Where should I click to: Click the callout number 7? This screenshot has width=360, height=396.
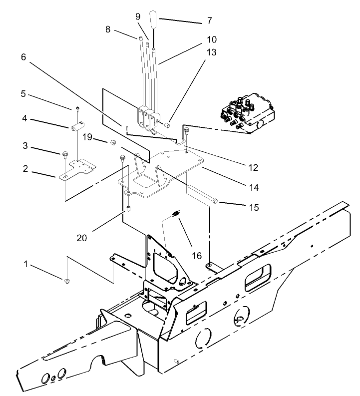click(x=209, y=21)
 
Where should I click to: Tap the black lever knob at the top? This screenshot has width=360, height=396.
click(x=154, y=21)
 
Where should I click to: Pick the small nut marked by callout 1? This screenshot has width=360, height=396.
click(x=67, y=282)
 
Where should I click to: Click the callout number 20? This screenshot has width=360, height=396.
click(x=82, y=238)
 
